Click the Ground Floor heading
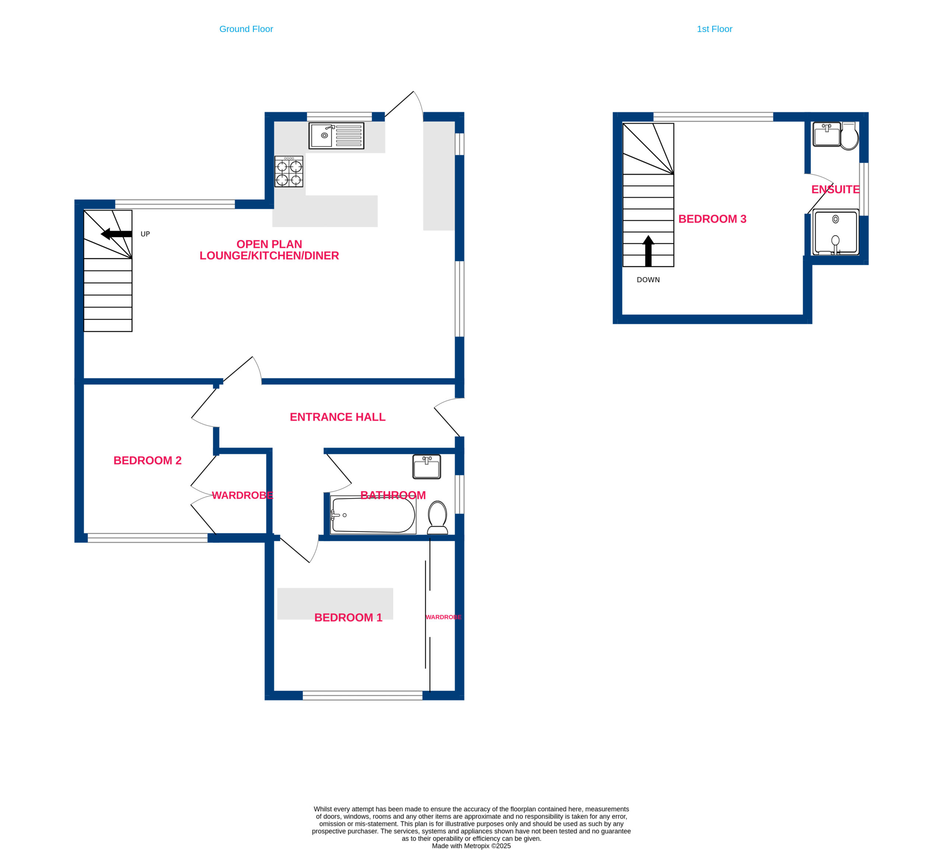(x=246, y=29)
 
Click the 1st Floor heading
(x=714, y=29)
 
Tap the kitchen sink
(x=336, y=136)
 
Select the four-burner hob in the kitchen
(x=288, y=171)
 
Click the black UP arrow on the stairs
(x=116, y=234)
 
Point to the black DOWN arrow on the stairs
(x=648, y=251)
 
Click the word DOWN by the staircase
(x=648, y=280)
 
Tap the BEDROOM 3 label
(x=712, y=218)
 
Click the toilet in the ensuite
(x=849, y=136)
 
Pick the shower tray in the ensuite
(x=835, y=232)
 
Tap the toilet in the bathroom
(x=437, y=517)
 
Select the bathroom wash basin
(x=426, y=466)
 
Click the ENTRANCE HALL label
(x=337, y=417)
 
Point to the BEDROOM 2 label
(x=147, y=461)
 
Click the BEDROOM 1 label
(x=348, y=618)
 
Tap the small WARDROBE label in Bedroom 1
(x=443, y=617)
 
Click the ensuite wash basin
(x=826, y=134)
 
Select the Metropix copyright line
(x=471, y=846)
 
